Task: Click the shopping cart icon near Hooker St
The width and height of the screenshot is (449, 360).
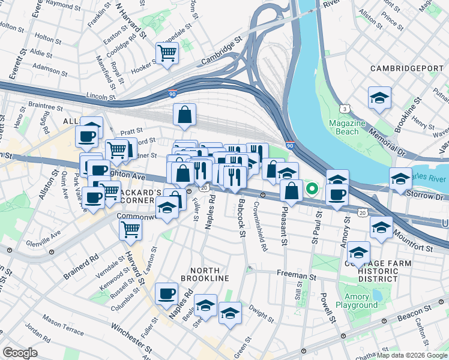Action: [x=167, y=53]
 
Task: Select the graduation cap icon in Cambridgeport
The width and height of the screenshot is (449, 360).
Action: [x=379, y=98]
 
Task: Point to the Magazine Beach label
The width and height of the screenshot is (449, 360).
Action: [x=347, y=127]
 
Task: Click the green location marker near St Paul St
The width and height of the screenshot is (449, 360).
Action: [x=312, y=188]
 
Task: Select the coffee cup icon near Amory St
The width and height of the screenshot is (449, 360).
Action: [x=337, y=196]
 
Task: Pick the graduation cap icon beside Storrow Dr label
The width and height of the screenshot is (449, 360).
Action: [x=400, y=178]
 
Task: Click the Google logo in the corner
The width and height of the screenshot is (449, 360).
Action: [x=20, y=353]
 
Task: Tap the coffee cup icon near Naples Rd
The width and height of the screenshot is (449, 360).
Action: [x=166, y=294]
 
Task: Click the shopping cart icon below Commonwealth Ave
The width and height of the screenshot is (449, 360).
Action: [x=130, y=229]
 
